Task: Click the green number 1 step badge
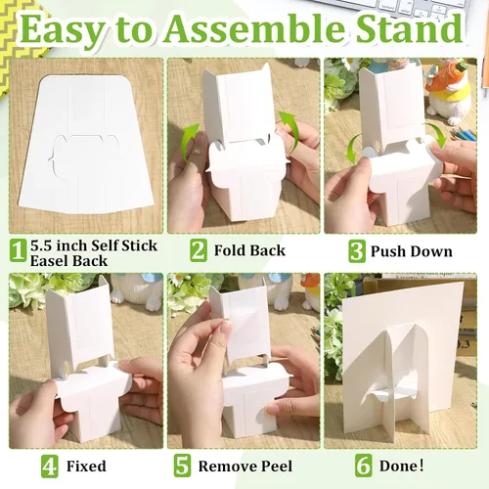tap(18, 250)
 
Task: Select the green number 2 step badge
tap(199, 250)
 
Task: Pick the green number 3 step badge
tap(357, 251)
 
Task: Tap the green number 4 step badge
tap(50, 467)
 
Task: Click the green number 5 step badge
tap(182, 467)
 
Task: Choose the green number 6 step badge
tap(363, 466)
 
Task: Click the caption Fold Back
tap(249, 250)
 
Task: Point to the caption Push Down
tap(412, 251)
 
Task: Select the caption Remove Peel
tap(245, 467)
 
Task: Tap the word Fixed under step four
tap(86, 467)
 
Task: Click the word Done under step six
tap(400, 466)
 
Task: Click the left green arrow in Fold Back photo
tap(190, 141)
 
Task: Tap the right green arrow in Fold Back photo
tap(289, 131)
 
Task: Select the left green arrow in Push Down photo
tap(353, 150)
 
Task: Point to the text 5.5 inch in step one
tap(59, 245)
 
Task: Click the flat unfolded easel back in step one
tap(87, 144)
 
